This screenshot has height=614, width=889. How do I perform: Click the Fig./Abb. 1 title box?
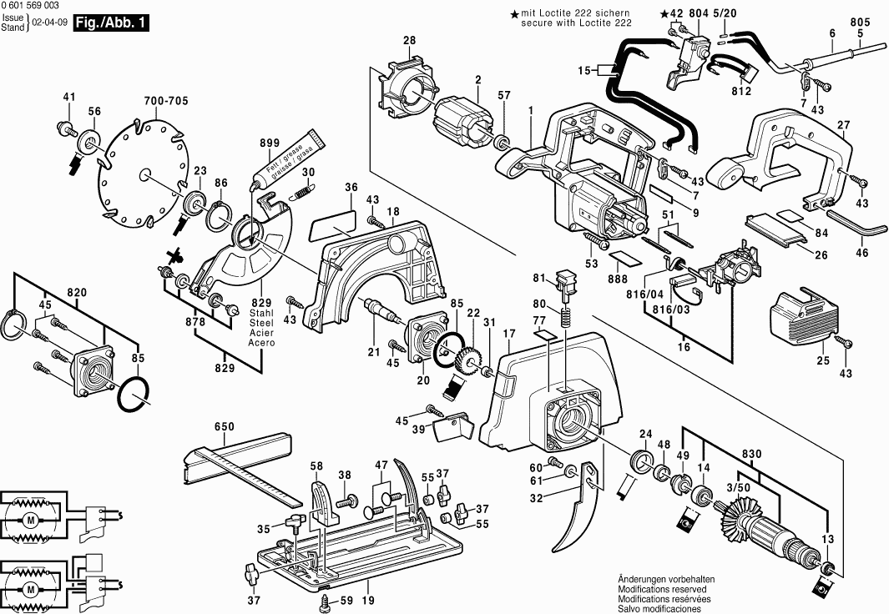pos(112,24)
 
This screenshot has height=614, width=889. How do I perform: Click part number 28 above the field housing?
pos(409,41)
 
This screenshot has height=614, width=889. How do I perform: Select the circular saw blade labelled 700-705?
pos(142,175)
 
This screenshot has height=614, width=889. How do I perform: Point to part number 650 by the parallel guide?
pos(224,427)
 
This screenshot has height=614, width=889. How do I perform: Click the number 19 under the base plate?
pos(368,600)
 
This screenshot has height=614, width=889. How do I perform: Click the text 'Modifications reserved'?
pos(665,588)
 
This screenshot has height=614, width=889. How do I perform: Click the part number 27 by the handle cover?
pos(843,125)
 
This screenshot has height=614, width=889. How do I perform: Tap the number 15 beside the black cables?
pos(583,72)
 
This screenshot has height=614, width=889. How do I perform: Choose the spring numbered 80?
pos(566,317)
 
